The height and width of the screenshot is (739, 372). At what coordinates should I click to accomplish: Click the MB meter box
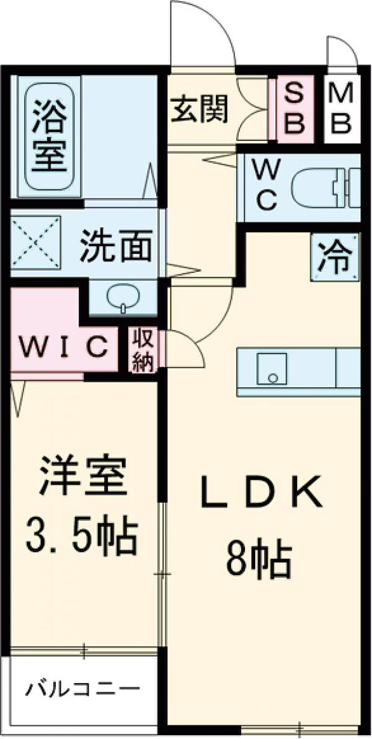[339, 111]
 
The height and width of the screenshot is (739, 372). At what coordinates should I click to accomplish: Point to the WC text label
[264, 186]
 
